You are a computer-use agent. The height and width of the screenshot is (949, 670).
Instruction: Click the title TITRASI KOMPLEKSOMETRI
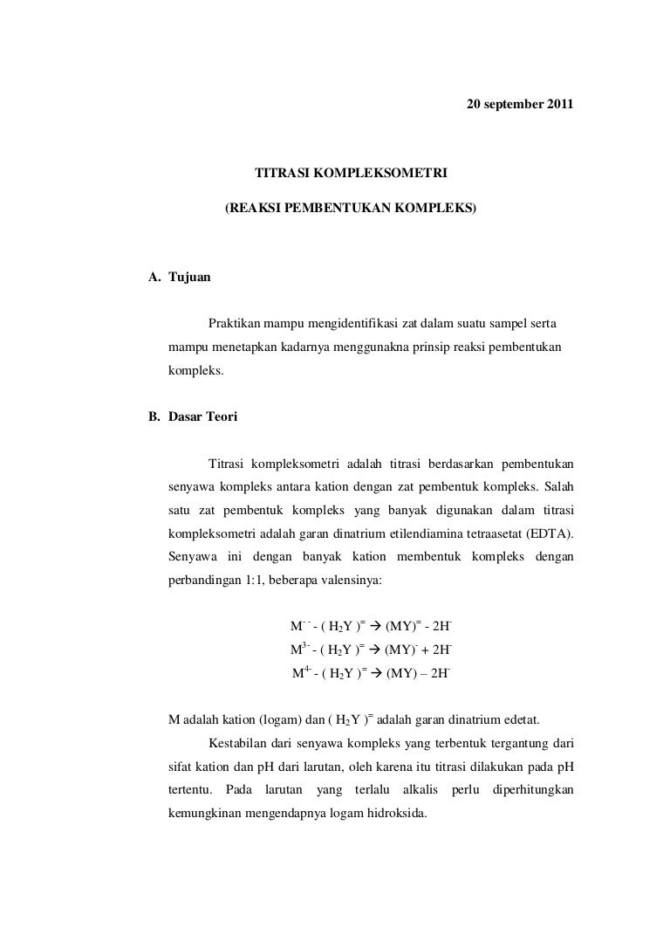pyautogui.click(x=351, y=174)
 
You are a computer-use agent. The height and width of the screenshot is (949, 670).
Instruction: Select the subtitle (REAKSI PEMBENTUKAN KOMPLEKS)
pyautogui.click(x=351, y=210)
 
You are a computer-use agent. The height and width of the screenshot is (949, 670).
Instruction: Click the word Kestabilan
pyautogui.click(x=239, y=743)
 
